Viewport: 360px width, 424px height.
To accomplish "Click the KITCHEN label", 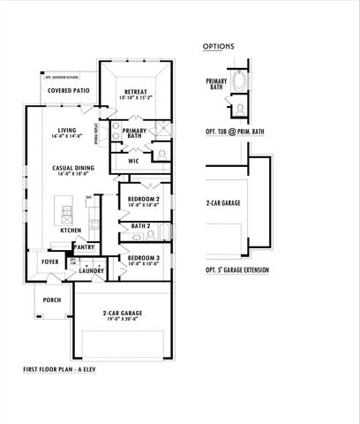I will [71, 231].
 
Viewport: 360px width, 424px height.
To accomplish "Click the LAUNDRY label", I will [91, 270].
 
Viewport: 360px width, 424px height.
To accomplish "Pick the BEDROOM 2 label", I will [143, 200].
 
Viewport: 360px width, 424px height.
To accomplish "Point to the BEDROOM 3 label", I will [143, 258].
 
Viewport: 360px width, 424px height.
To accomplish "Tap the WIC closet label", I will [134, 161].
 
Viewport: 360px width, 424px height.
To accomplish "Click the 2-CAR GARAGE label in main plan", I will [123, 314].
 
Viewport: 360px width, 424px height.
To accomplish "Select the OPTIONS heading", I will [218, 46].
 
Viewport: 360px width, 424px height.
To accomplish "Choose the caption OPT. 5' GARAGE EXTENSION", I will [237, 269].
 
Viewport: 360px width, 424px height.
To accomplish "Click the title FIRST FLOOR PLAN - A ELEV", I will [59, 368].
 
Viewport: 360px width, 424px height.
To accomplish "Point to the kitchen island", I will [64, 213].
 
